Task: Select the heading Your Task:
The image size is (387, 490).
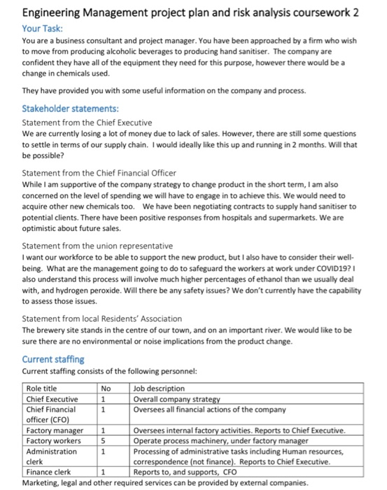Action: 43,29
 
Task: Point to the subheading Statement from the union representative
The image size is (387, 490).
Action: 97,246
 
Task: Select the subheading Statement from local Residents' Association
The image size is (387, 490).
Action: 102,318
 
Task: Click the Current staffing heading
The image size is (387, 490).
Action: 55,358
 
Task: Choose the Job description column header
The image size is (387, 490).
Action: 159,388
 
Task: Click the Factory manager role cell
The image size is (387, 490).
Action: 55,430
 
